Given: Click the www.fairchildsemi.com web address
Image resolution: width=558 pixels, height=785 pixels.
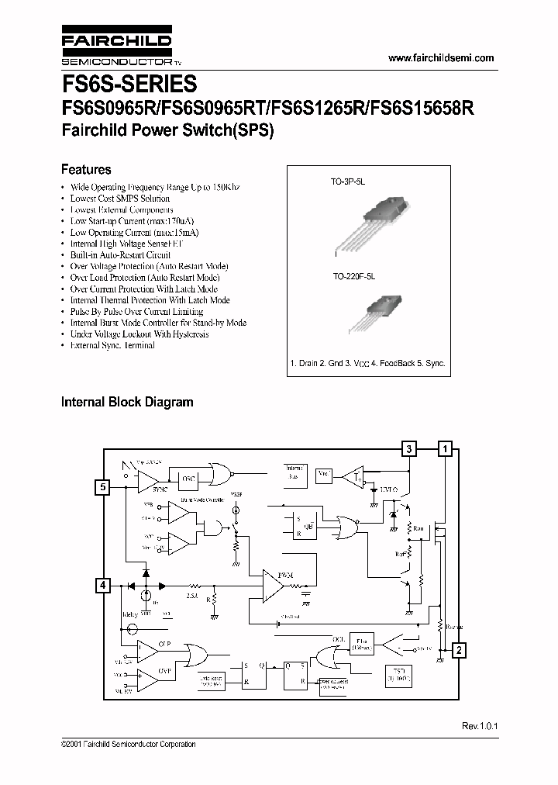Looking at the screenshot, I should (439, 59).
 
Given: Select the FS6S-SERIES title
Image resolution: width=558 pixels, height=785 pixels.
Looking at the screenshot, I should (129, 84).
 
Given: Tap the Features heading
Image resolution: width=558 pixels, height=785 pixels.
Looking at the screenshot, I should (86, 169).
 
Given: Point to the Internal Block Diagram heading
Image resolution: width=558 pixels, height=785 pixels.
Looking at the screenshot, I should (127, 402).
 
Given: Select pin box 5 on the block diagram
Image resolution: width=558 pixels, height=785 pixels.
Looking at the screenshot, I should (102, 487).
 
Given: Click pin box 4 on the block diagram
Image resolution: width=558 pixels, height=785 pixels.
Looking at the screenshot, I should (102, 586).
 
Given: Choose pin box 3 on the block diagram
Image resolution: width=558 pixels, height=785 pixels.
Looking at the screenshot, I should (408, 448).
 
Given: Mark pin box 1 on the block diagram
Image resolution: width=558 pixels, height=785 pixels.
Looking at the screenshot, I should (444, 448).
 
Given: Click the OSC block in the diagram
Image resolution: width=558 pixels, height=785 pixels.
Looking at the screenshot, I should (188, 479).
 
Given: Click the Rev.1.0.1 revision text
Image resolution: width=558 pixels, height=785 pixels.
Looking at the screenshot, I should (478, 726).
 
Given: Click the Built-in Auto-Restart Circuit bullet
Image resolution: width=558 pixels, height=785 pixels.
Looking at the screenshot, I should (120, 254).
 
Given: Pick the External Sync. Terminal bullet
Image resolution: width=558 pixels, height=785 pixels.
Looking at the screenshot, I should (112, 345).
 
